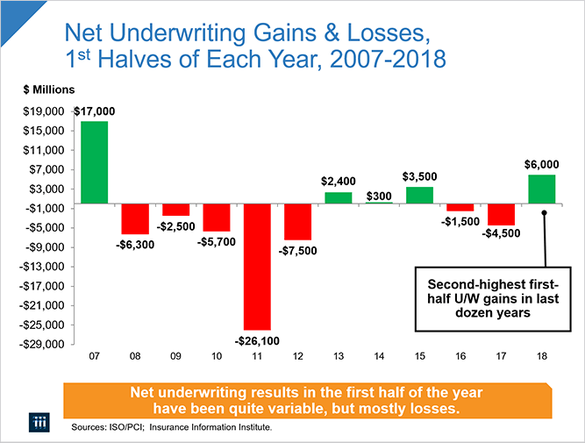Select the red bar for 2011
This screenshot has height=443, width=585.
coord(257,266)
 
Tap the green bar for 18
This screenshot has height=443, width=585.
coord(542,189)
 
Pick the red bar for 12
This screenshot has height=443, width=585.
coord(297,221)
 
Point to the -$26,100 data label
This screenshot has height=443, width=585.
coord(257,339)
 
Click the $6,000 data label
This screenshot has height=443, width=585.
coord(542,164)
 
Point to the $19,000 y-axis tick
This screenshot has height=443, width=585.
coord(44,112)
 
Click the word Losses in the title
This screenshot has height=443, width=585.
coord(386,37)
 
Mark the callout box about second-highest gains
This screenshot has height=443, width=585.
coord(498,298)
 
